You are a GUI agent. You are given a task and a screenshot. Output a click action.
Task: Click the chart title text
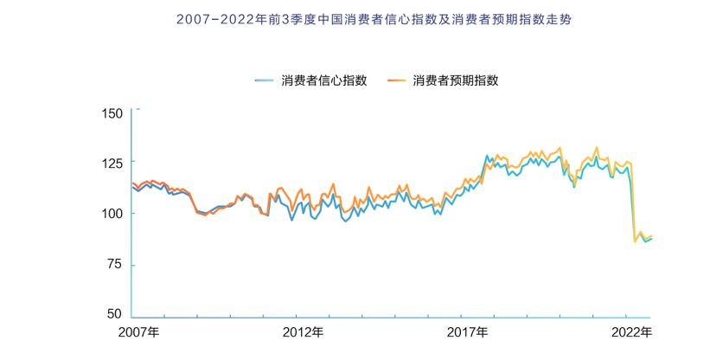pyautogui.click(x=355, y=18)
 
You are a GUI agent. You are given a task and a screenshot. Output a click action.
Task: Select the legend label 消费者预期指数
pyautogui.click(x=457, y=80)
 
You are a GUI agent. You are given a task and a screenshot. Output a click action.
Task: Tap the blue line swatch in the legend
pyautogui.click(x=265, y=80)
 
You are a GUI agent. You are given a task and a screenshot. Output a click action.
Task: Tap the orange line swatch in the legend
pyautogui.click(x=397, y=80)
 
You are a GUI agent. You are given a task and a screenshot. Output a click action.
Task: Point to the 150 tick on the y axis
pyautogui.click(x=113, y=113)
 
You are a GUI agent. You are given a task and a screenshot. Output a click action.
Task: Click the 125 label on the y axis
pyautogui.click(x=113, y=163)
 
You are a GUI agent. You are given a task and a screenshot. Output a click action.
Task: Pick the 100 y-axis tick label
pyautogui.click(x=113, y=214)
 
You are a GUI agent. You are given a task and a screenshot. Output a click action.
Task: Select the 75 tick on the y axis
pyautogui.click(x=117, y=264)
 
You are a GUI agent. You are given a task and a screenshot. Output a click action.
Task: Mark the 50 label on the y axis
pyautogui.click(x=117, y=314)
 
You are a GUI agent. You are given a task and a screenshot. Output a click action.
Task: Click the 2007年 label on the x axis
pyautogui.click(x=138, y=331)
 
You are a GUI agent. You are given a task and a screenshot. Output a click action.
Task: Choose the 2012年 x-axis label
pyautogui.click(x=303, y=331)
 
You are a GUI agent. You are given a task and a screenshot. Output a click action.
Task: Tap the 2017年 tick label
pyautogui.click(x=468, y=331)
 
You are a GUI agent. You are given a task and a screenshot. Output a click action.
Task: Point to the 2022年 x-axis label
pyautogui.click(x=631, y=331)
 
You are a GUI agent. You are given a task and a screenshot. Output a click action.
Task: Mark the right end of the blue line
pyautogui.click(x=651, y=238)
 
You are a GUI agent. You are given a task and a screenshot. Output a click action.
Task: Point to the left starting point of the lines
pyautogui.click(x=133, y=185)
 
